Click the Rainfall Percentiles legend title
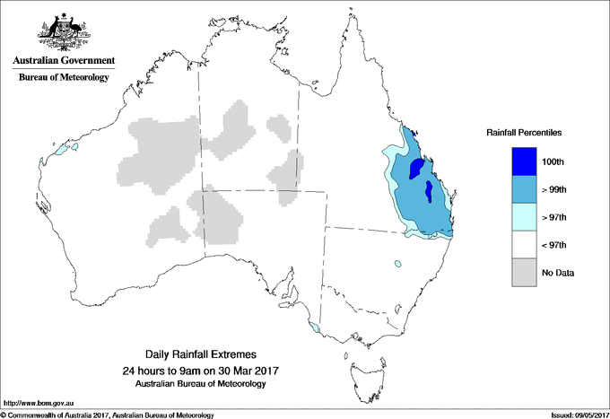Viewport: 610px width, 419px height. (524, 132)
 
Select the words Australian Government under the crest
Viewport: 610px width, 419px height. (63, 61)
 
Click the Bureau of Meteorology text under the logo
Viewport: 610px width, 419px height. (63, 77)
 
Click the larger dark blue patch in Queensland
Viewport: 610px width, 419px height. (415, 169)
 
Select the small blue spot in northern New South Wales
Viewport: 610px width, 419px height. (396, 264)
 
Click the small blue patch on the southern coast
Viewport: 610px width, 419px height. (312, 327)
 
